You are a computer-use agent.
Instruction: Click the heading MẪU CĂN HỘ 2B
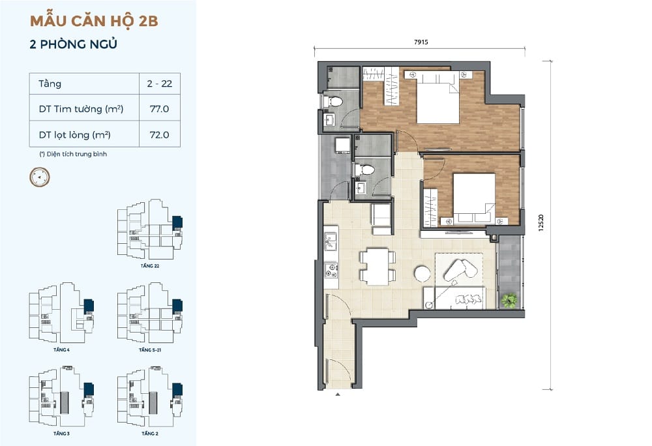point(94,20)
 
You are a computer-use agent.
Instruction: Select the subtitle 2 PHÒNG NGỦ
point(73,44)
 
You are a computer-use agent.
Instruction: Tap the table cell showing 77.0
point(159,109)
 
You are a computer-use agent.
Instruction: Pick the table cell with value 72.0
point(159,135)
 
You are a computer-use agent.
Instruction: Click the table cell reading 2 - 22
point(159,83)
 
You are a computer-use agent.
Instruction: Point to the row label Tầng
point(50,84)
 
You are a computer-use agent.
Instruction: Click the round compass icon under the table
point(40,177)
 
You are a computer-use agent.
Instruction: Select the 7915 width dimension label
point(421,42)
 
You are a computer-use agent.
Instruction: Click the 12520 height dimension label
point(541,223)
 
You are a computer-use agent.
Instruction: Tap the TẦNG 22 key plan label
point(150,265)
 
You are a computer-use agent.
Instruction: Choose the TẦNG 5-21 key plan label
point(150,350)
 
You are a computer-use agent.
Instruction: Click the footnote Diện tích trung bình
point(73,154)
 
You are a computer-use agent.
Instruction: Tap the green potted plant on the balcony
point(509,300)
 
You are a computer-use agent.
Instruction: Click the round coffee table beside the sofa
point(422,273)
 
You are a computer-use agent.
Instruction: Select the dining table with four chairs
point(377,267)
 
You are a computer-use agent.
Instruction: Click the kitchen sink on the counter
point(331,242)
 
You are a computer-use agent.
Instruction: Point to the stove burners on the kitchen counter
point(331,270)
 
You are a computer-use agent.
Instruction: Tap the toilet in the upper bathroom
point(333,101)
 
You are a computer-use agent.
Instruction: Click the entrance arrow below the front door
point(338,394)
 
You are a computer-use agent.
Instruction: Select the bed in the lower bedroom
point(474,198)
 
